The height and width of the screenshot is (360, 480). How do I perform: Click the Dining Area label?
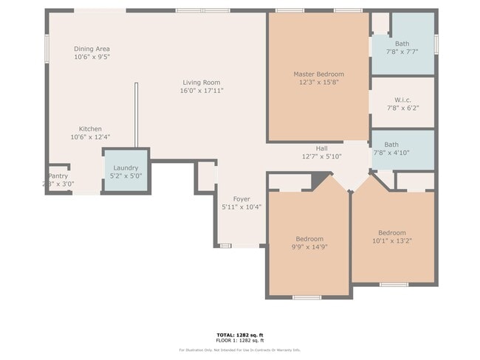pos(92,49)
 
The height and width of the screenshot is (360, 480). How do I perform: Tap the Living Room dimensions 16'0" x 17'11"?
pos(202,91)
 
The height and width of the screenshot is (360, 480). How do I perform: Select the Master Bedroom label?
pos(318,74)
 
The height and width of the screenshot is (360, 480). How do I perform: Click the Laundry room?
pos(126,172)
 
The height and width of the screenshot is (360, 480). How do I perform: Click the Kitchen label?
pos(90,129)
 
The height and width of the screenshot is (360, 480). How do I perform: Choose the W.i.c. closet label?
pos(402,100)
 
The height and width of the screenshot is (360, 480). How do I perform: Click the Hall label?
pos(321,148)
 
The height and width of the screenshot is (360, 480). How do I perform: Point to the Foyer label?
pos(241,199)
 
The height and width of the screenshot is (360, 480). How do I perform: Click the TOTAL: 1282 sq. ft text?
pos(240,335)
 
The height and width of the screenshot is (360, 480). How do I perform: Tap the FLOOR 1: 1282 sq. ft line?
pos(240,341)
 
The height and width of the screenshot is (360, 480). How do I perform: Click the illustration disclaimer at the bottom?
pos(240,350)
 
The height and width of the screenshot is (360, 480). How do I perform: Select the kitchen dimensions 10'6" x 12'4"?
pos(90,137)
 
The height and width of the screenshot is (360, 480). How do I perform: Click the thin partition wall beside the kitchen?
pos(136,114)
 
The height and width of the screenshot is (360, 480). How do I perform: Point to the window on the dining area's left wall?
pos(47,49)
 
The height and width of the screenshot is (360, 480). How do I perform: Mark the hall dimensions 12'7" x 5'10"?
pos(321,156)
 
